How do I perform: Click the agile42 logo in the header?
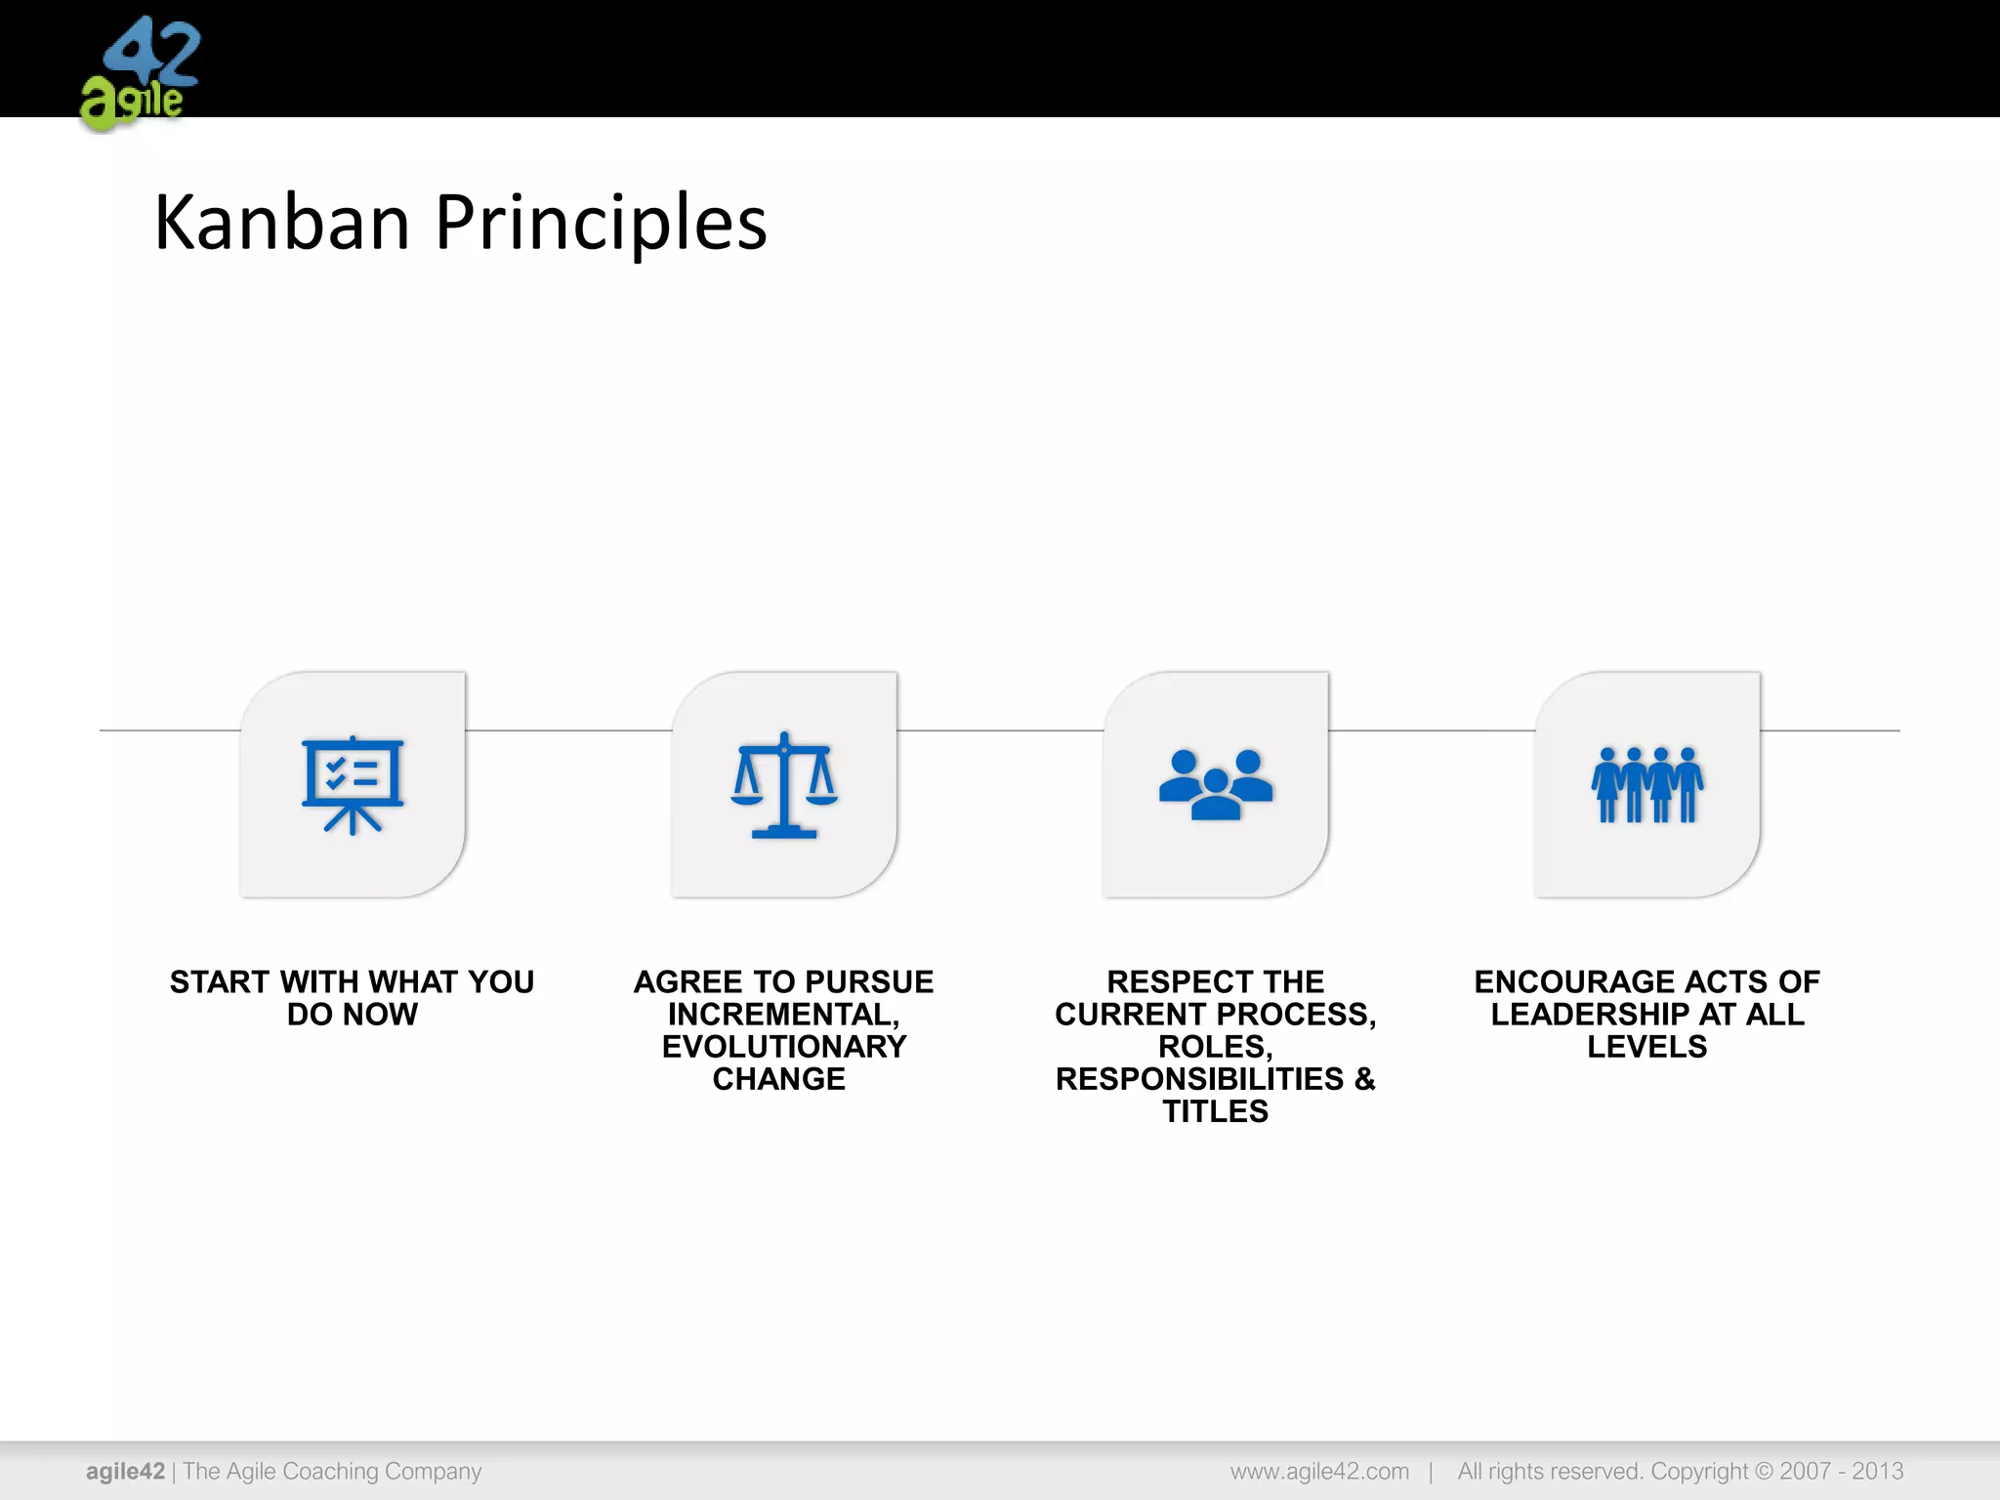coord(140,74)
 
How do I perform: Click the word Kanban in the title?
coord(281,223)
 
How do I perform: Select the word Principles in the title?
coord(601,223)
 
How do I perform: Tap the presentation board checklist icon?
coord(353,784)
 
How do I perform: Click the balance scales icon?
coord(784,784)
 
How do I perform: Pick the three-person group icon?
coord(1216,784)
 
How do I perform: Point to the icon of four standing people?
coord(1647,784)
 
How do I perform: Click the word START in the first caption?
coord(220,981)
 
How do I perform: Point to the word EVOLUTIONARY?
coord(784,1047)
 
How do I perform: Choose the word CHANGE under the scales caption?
coord(779,1079)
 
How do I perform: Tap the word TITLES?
coord(1216,1111)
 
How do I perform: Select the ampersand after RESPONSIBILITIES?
coord(1364,1079)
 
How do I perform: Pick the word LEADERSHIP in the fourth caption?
coord(1590,1015)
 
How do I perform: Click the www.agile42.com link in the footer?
coord(1319,1472)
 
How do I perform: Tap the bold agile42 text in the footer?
coord(125,1472)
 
